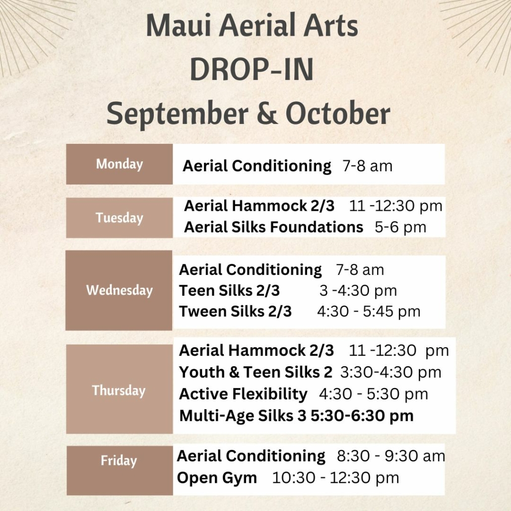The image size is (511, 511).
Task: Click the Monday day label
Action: pyautogui.click(x=119, y=164)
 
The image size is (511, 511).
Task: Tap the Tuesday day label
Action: pyautogui.click(x=119, y=218)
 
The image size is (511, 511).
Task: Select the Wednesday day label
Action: pyautogui.click(x=119, y=290)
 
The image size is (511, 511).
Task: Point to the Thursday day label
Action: pyautogui.click(x=119, y=390)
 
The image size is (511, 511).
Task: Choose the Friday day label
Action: pyautogui.click(x=119, y=461)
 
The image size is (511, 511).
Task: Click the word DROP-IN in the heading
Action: pyautogui.click(x=252, y=69)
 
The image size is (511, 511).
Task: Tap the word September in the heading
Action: pyautogui.click(x=178, y=114)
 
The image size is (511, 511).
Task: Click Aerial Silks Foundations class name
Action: pyautogui.click(x=273, y=227)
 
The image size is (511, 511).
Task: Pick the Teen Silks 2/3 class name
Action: pyautogui.click(x=229, y=290)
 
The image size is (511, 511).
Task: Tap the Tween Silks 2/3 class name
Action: pyautogui.click(x=235, y=311)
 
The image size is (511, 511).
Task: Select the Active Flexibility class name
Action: pyautogui.click(x=243, y=394)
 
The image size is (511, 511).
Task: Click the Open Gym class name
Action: pyautogui.click(x=217, y=478)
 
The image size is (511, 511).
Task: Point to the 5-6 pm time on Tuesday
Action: pyautogui.click(x=400, y=228)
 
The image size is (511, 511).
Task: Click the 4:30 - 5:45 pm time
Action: pyautogui.click(x=369, y=312)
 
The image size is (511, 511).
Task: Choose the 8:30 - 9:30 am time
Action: pyautogui.click(x=391, y=456)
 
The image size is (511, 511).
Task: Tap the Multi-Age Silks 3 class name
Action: pyautogui.click(x=243, y=416)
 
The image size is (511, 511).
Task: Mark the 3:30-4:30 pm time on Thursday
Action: pyautogui.click(x=391, y=373)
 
